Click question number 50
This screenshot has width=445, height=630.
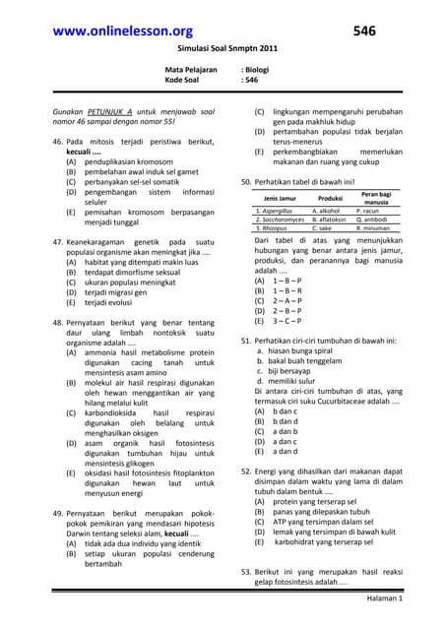pyautogui.click(x=247, y=182)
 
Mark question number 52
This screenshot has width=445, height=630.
pyautogui.click(x=247, y=472)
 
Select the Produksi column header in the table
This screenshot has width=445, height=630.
pyautogui.click(x=331, y=200)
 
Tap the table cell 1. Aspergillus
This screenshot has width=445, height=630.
pyautogui.click(x=275, y=211)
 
